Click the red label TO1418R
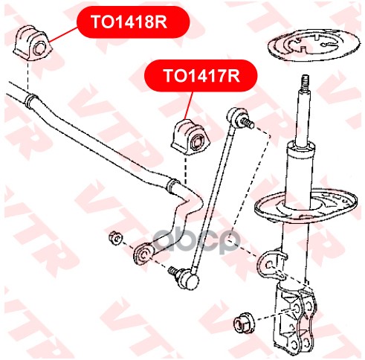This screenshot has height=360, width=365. tap(133, 22)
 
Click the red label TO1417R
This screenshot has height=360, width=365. tap(201, 76)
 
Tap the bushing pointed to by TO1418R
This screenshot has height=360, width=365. tap(33, 44)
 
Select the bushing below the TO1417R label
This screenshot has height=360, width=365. tap(190, 138)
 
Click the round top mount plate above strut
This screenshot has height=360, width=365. tap(314, 45)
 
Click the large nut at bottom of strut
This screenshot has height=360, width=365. tap(244, 323)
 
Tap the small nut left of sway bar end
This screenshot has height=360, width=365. tap(115, 238)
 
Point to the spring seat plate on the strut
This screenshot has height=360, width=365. tap(306, 207)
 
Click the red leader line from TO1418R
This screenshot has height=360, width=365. tap(64, 34)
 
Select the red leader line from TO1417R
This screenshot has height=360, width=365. tap(188, 106)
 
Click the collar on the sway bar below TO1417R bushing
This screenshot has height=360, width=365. tap(173, 187)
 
